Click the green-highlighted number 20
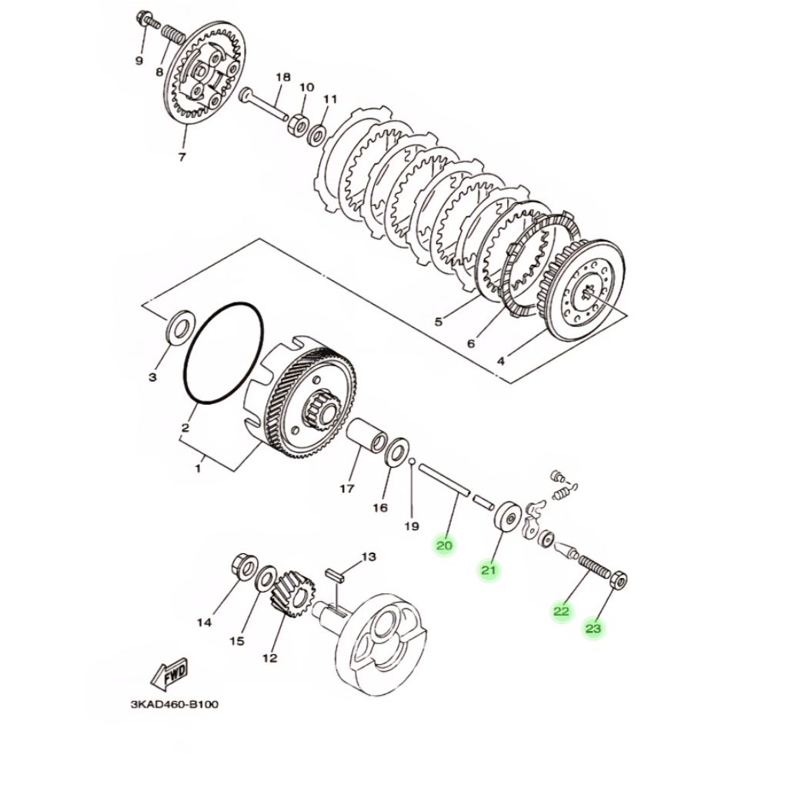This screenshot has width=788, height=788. click(444, 546)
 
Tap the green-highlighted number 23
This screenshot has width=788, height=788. click(593, 629)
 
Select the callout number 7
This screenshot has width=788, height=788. click(182, 157)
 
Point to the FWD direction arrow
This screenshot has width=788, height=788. click(169, 673)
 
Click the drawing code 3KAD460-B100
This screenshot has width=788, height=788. click(175, 704)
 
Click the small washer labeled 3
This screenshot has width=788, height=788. click(178, 326)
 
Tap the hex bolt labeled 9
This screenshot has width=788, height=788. click(147, 21)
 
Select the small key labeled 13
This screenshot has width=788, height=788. click(336, 575)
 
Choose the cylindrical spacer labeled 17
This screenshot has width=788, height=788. click(367, 432)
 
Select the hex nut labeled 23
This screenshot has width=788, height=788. click(619, 581)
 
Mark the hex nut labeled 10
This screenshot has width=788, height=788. click(298, 124)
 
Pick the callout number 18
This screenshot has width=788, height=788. click(283, 78)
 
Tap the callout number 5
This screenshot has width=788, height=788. click(439, 321)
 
